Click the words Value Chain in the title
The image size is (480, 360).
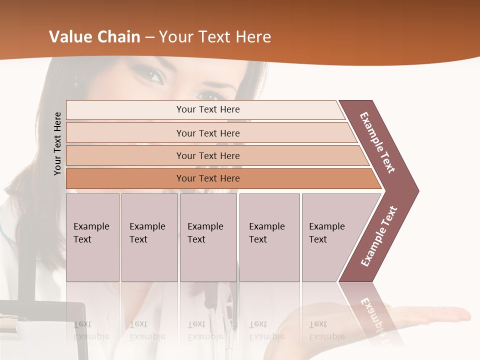pos(94,37)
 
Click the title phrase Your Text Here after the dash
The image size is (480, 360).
pos(215,37)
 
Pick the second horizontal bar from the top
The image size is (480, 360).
pos(207,133)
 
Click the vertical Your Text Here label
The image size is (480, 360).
pos(57,143)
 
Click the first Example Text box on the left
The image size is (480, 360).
pos(92,237)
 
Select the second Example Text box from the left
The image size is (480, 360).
pos(149,237)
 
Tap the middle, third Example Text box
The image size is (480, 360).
pos(208,237)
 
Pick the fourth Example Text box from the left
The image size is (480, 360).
pos(269,237)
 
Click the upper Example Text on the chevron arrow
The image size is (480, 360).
pos(377,142)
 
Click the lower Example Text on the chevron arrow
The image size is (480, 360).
pos(379,236)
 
